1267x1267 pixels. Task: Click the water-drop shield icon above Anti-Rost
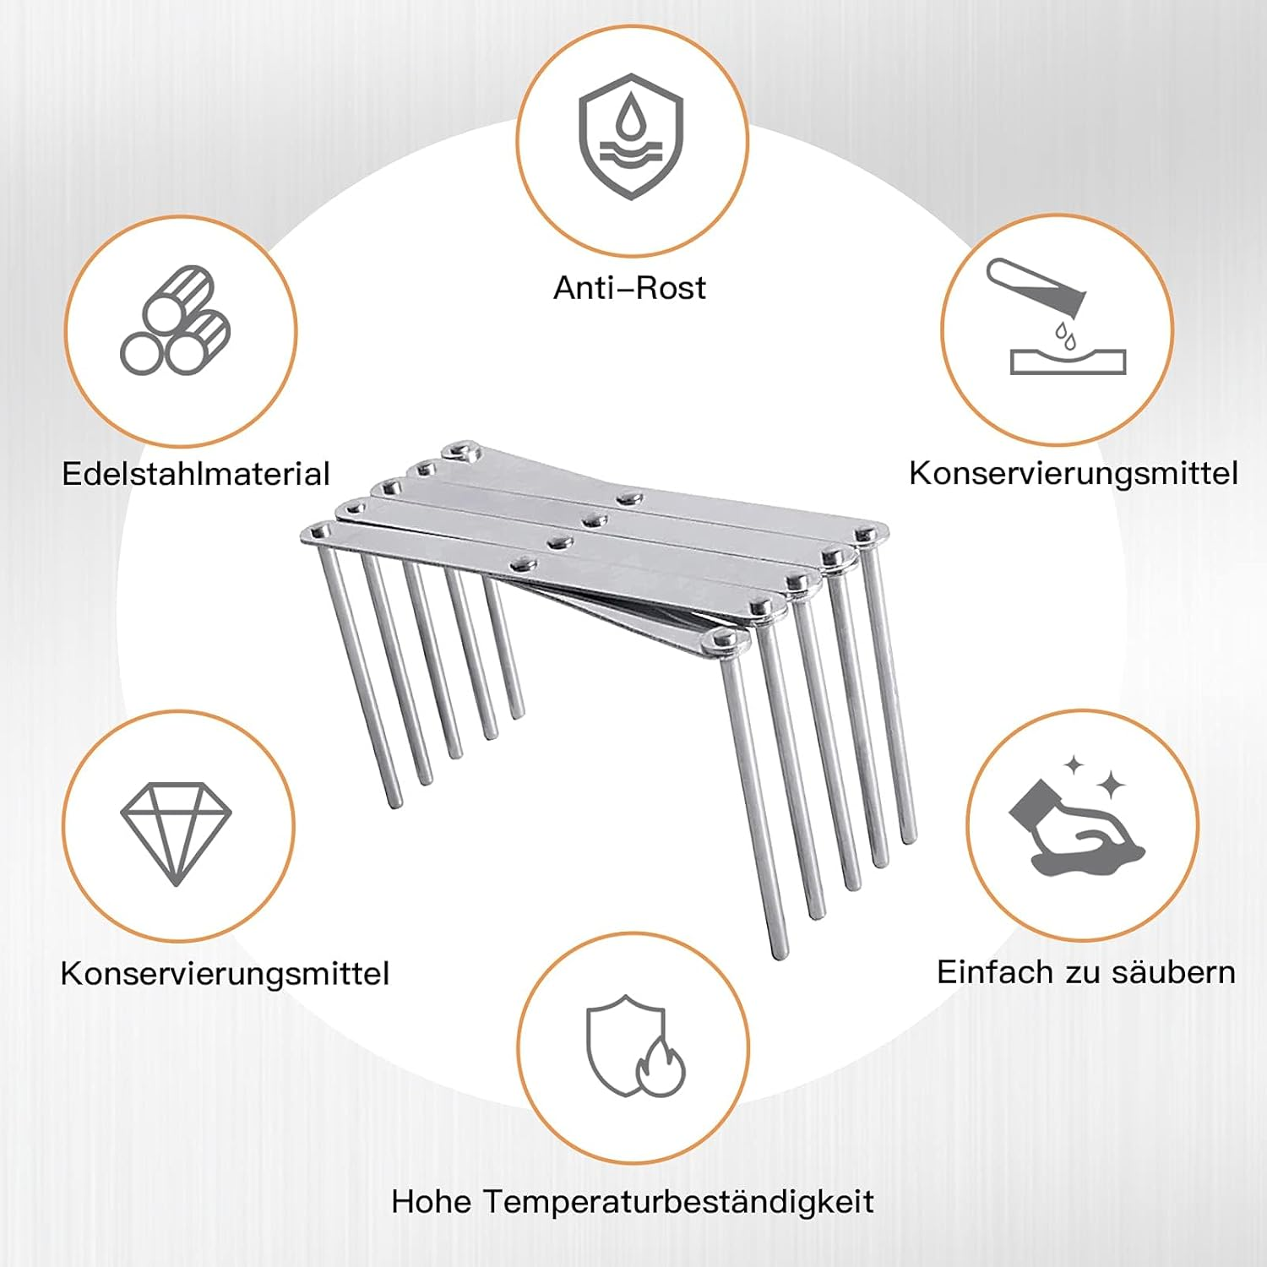point(631,136)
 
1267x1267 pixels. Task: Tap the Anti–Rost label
point(629,288)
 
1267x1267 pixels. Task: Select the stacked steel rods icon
point(176,321)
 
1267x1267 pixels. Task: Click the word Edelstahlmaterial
point(196,474)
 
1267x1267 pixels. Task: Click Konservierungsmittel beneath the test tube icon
point(1074,473)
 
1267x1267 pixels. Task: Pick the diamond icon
point(176,832)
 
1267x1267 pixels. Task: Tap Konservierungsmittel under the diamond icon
point(225,973)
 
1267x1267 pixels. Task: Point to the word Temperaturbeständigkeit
point(679,1201)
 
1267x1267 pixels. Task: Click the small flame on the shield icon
point(660,1069)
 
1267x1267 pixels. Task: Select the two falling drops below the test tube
point(1066,335)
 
